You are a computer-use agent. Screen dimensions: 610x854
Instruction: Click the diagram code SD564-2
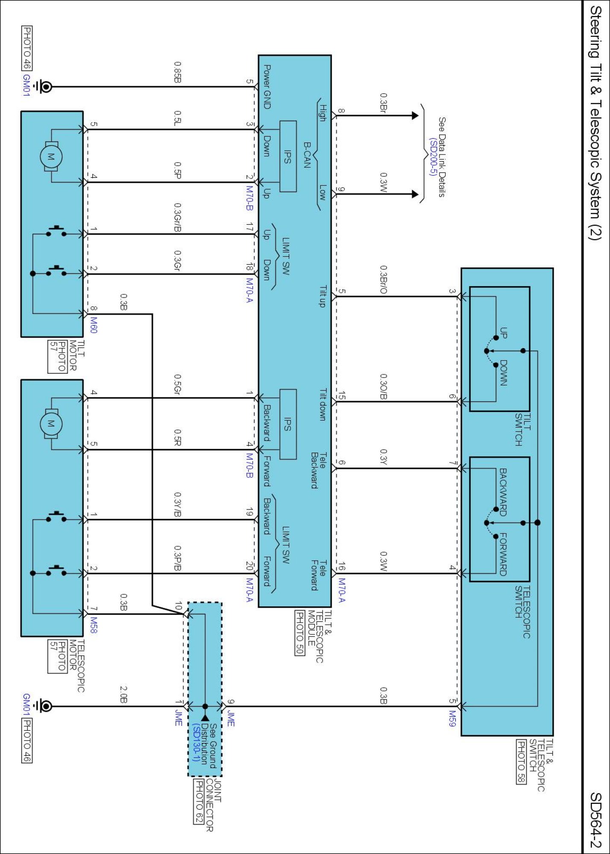point(595,820)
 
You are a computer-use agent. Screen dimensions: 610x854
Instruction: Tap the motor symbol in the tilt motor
point(51,156)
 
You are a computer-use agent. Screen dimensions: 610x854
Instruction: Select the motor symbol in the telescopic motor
point(51,424)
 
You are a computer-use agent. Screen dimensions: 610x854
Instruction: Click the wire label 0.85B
point(178,72)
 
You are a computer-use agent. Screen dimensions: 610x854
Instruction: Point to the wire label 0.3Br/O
point(383,280)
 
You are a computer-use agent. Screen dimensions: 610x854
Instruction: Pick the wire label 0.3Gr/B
point(178,217)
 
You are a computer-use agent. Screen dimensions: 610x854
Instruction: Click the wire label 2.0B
point(123,694)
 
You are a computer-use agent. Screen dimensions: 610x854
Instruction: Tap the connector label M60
point(94,325)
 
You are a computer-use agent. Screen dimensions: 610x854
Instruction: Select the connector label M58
point(94,625)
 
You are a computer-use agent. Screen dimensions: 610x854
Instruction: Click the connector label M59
point(452,718)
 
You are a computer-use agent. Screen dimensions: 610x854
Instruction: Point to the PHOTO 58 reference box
point(521,762)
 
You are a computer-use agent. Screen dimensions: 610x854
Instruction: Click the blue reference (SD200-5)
point(433,157)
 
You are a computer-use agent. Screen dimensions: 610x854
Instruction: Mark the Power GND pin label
point(267,87)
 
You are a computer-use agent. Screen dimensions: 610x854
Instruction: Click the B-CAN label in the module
point(307,155)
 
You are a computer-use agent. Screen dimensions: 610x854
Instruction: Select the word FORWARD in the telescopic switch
point(503,554)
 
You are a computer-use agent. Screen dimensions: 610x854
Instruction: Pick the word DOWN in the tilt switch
point(503,373)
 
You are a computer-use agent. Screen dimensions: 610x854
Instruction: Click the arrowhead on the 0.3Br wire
point(415,115)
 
